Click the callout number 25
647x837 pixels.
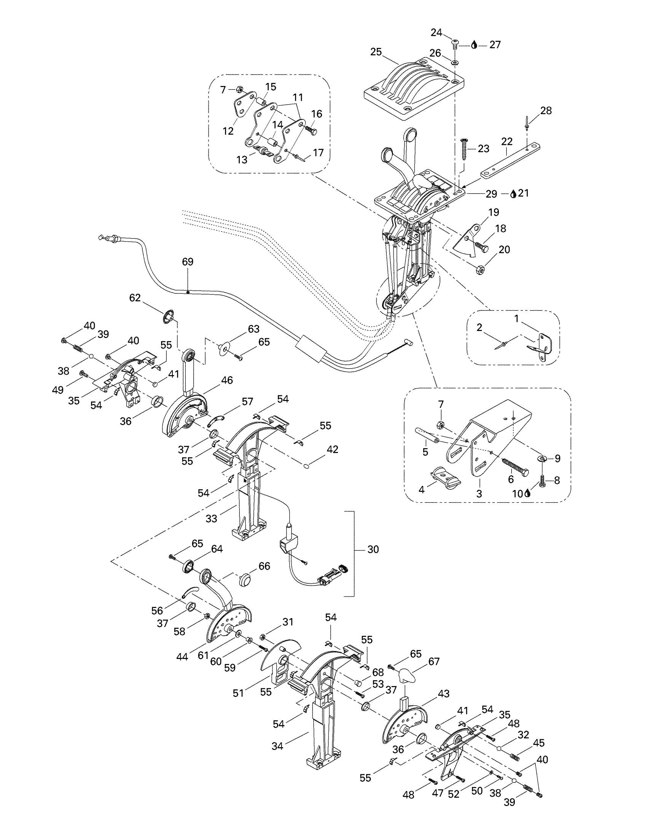point(376,52)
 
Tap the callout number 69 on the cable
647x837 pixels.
point(187,262)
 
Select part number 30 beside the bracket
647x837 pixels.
point(373,550)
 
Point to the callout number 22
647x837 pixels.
point(507,142)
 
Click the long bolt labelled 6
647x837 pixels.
point(515,466)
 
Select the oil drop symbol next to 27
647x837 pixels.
point(474,45)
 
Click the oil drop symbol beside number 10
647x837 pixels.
point(527,493)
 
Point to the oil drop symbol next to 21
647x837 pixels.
point(513,194)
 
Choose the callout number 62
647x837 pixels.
point(135,298)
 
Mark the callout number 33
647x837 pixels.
point(211,519)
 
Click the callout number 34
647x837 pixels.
point(277,746)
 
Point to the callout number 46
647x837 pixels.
point(227,380)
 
